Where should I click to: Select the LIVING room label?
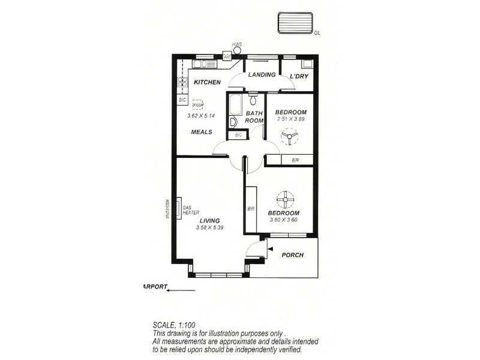209,220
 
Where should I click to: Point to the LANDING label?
261,75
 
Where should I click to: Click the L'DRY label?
298,76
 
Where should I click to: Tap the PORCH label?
292,255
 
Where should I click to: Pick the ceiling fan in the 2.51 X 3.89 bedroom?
290,138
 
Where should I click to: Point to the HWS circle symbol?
238,51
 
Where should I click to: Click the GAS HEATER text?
191,211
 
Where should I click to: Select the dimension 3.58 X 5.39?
209,228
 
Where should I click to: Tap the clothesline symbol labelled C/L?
295,23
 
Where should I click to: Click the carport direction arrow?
181,290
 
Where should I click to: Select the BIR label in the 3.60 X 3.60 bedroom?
251,209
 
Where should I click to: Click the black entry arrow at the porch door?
271,248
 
